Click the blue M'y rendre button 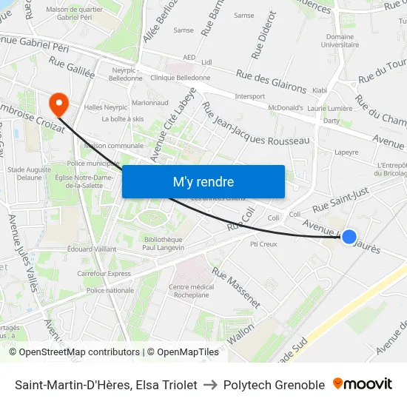click(x=203, y=181)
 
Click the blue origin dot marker click(x=349, y=237)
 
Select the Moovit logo click(x=363, y=384)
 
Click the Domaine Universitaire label click(x=340, y=41)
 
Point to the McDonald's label click(x=285, y=107)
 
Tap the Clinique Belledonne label click(x=180, y=77)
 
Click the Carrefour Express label click(x=104, y=273)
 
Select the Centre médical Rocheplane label click(x=191, y=291)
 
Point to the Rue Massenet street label click(x=236, y=287)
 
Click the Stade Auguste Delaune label click(x=29, y=173)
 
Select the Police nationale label click(x=110, y=291)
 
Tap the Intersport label click(x=249, y=96)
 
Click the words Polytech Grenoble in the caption click(x=275, y=385)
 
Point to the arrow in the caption click(x=211, y=385)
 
